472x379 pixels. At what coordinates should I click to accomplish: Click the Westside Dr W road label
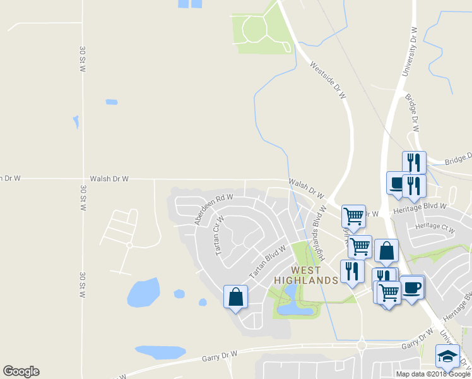point(329,79)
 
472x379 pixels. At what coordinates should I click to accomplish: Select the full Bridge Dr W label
point(413,111)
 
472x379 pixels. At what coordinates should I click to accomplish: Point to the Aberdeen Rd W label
point(214,209)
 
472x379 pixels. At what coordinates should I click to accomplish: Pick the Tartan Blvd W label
point(268,262)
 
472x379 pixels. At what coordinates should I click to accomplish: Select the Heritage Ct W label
point(434,227)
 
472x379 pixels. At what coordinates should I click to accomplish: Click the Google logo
point(21,371)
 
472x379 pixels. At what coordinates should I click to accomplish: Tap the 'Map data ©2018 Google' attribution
point(433,374)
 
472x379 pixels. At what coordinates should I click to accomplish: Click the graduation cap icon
point(447,356)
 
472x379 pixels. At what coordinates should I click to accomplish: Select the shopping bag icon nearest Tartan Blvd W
point(235,296)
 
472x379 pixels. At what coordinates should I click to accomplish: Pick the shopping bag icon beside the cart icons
point(386,251)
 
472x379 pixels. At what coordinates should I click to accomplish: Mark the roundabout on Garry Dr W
point(362,346)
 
